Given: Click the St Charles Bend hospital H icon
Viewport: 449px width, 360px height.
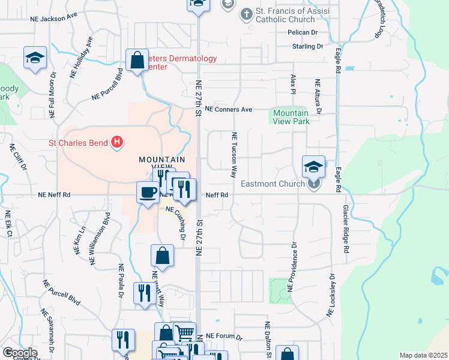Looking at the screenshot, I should point(118,142).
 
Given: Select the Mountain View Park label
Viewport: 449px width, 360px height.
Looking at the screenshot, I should point(291,117).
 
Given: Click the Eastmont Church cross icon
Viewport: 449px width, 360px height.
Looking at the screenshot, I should point(313,184).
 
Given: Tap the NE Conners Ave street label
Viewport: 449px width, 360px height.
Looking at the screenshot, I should point(229,109).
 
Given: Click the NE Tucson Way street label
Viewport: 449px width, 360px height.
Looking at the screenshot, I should point(234,155).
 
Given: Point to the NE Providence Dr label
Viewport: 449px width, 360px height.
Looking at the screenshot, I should point(292,266).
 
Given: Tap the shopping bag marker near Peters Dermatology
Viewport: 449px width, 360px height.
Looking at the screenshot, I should point(137,60).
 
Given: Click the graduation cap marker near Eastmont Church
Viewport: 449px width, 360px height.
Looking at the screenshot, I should point(313,166).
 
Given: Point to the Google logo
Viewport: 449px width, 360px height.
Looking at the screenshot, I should point(20,353).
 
